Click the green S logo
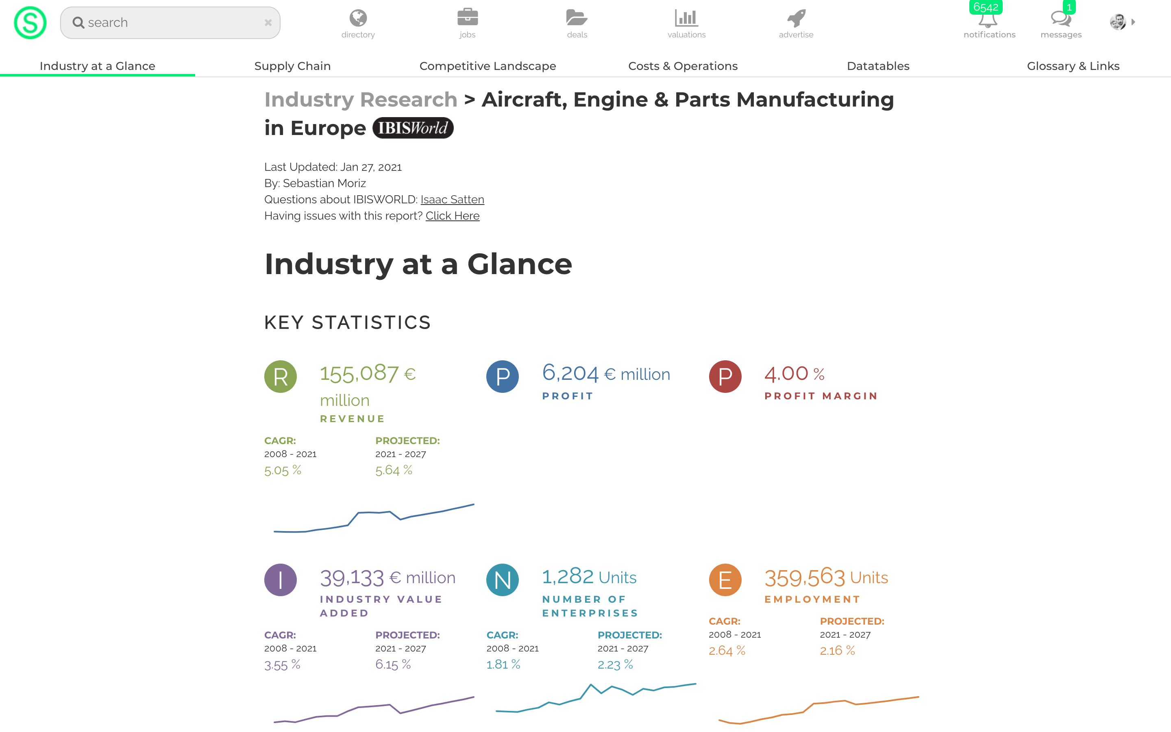pos(30,23)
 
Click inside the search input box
pos(170,23)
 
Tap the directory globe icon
pos(358,18)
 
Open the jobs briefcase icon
pos(468,17)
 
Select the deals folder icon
pos(577,18)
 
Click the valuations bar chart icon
pos(686,18)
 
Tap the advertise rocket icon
pos(796,18)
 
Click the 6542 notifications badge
pos(986,7)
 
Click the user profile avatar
pos(1118,22)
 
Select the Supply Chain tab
pos(292,66)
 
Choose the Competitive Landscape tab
pos(487,66)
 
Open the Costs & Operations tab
pos(683,66)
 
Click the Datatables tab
pos(878,66)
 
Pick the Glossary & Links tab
pos(1073,66)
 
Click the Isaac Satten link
pos(452,199)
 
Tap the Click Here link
pos(453,216)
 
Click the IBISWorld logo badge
pos(413,128)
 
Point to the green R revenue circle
pos(281,377)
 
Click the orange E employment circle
pos(725,579)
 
